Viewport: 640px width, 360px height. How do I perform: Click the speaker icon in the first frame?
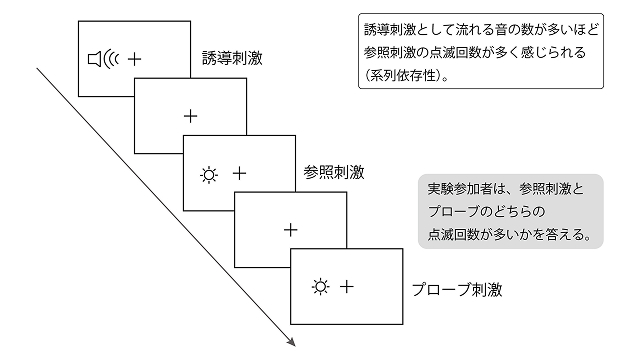(94, 59)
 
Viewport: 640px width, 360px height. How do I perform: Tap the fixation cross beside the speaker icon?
(134, 60)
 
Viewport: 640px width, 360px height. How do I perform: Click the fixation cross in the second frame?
(191, 117)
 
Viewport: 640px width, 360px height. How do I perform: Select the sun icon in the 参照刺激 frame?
(209, 175)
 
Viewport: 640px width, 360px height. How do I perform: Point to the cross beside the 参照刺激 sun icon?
(240, 174)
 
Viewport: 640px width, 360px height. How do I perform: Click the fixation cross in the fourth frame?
(291, 230)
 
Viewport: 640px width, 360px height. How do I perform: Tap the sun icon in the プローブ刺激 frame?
(320, 287)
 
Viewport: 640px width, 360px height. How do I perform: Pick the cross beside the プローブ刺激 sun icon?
(347, 287)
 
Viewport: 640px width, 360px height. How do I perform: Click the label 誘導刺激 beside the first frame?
(232, 58)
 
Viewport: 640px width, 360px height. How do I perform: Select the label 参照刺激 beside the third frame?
(334, 172)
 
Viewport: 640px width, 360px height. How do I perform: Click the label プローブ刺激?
(457, 290)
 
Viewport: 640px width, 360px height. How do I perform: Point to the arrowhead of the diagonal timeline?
(291, 342)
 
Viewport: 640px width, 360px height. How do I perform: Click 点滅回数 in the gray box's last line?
(453, 234)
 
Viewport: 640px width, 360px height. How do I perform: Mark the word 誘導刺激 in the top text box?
(389, 30)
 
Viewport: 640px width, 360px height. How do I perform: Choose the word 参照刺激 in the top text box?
(389, 53)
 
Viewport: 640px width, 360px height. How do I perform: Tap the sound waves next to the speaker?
(110, 60)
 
